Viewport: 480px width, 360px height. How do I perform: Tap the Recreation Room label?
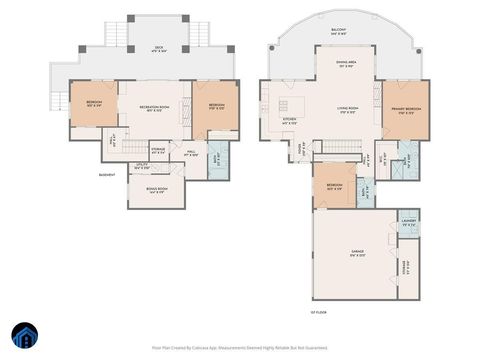click(155, 109)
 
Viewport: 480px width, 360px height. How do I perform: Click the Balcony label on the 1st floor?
click(338, 31)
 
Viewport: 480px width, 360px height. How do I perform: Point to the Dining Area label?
click(348, 64)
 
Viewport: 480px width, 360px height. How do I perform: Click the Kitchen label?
click(289, 122)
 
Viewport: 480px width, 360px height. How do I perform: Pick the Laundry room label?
click(408, 223)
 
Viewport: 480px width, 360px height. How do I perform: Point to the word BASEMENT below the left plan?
click(107, 174)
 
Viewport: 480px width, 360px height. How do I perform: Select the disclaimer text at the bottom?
click(240, 348)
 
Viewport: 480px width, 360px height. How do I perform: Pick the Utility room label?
click(142, 167)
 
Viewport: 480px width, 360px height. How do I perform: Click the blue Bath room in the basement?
click(219, 158)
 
